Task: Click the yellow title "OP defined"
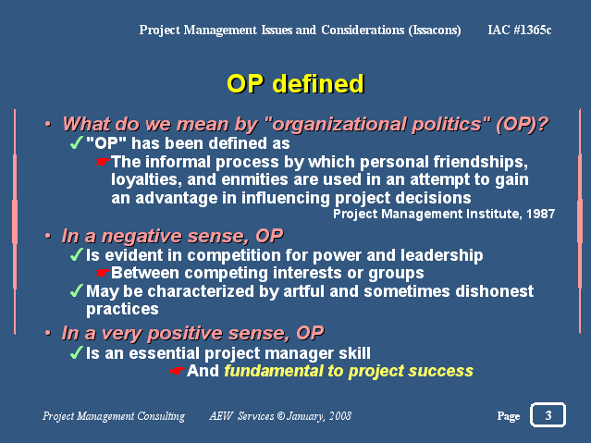pos(296,84)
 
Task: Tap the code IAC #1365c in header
pos(520,30)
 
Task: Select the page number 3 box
pos(548,414)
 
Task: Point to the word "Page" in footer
pos(509,416)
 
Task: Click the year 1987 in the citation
pos(540,214)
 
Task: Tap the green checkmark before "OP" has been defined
pos(77,143)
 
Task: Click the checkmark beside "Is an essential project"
pos(77,353)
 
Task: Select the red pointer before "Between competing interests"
pos(102,272)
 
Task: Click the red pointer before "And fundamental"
pos(178,371)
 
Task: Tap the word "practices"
pos(122,309)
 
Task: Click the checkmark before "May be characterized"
pos(77,290)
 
